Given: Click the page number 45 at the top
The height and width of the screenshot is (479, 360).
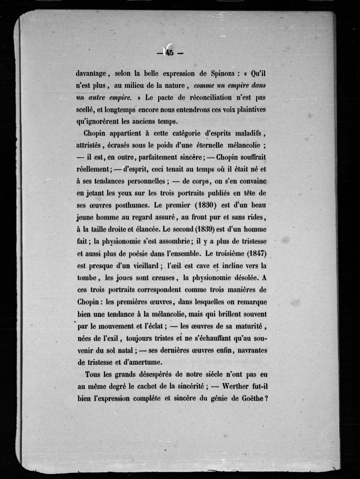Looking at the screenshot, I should coord(169,53).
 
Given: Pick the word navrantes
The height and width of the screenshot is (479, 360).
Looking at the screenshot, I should coord(248,350).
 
